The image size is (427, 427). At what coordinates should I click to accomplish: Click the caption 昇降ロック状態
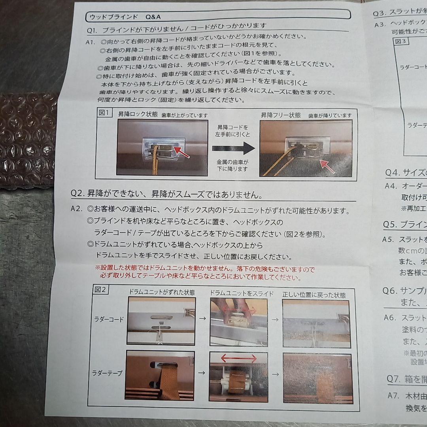point(138,115)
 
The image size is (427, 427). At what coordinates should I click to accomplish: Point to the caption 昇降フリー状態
point(280,115)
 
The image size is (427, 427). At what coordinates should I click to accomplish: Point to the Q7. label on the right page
point(395,379)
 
